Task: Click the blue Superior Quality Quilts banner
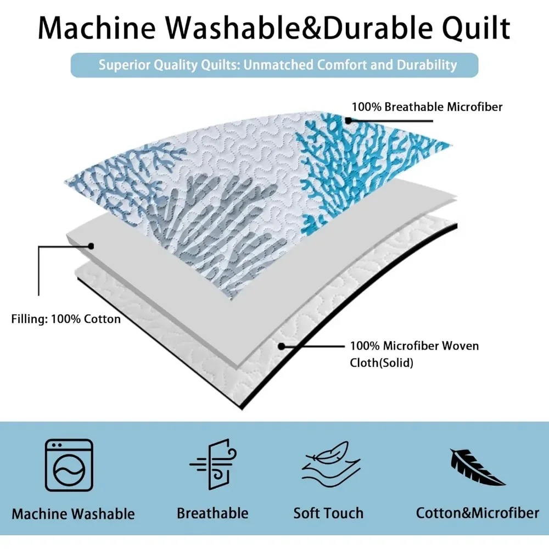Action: [274, 65]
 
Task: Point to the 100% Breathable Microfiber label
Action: [427, 107]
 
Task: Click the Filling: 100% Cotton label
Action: [66, 318]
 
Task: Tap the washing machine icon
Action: [69, 464]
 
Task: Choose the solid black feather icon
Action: [477, 467]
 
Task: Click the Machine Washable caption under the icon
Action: [73, 514]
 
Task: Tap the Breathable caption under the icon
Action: [212, 513]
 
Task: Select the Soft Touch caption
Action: [328, 513]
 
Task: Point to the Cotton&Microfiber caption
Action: [477, 513]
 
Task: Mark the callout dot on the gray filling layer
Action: [91, 246]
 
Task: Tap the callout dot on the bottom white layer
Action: [281, 346]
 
